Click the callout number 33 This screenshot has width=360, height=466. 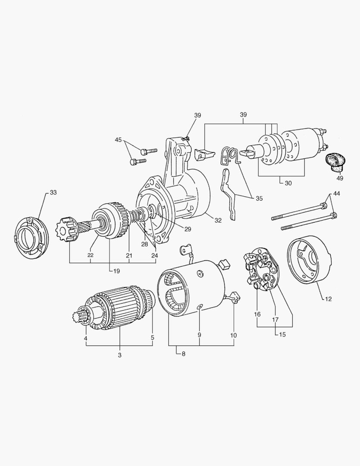click(x=53, y=192)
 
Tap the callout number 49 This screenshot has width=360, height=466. click(x=340, y=178)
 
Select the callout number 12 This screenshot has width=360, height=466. click(x=328, y=299)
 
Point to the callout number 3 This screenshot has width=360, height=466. click(x=120, y=355)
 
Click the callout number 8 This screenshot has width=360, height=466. click(x=184, y=354)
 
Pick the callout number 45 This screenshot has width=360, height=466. click(x=118, y=140)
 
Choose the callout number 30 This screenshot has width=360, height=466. click(x=288, y=183)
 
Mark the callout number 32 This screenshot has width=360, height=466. click(x=218, y=220)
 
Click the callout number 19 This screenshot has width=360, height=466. click(x=116, y=271)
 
